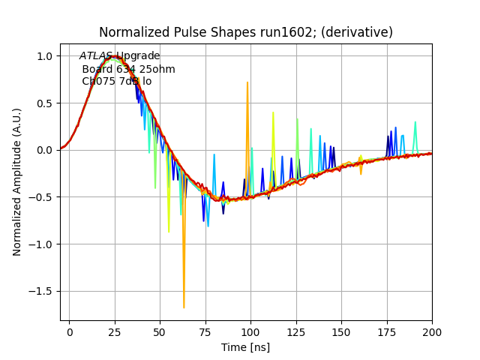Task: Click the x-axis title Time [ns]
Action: pyautogui.click(x=245, y=347)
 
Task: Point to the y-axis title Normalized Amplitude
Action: pyautogui.click(x=17, y=181)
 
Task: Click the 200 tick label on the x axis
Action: pyautogui.click(x=431, y=331)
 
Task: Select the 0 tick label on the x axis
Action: pyautogui.click(x=70, y=331)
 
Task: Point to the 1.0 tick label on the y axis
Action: pyautogui.click(x=43, y=55)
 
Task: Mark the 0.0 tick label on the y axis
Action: pyautogui.click(x=43, y=150)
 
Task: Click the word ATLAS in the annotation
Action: pyautogui.click(x=96, y=56)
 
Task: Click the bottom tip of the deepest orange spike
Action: pyautogui.click(x=184, y=307)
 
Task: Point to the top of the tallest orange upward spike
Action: pyautogui.click(x=247, y=82)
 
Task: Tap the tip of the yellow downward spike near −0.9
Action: pyautogui.click(x=169, y=232)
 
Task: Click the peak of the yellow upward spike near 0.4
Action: pyautogui.click(x=273, y=112)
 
